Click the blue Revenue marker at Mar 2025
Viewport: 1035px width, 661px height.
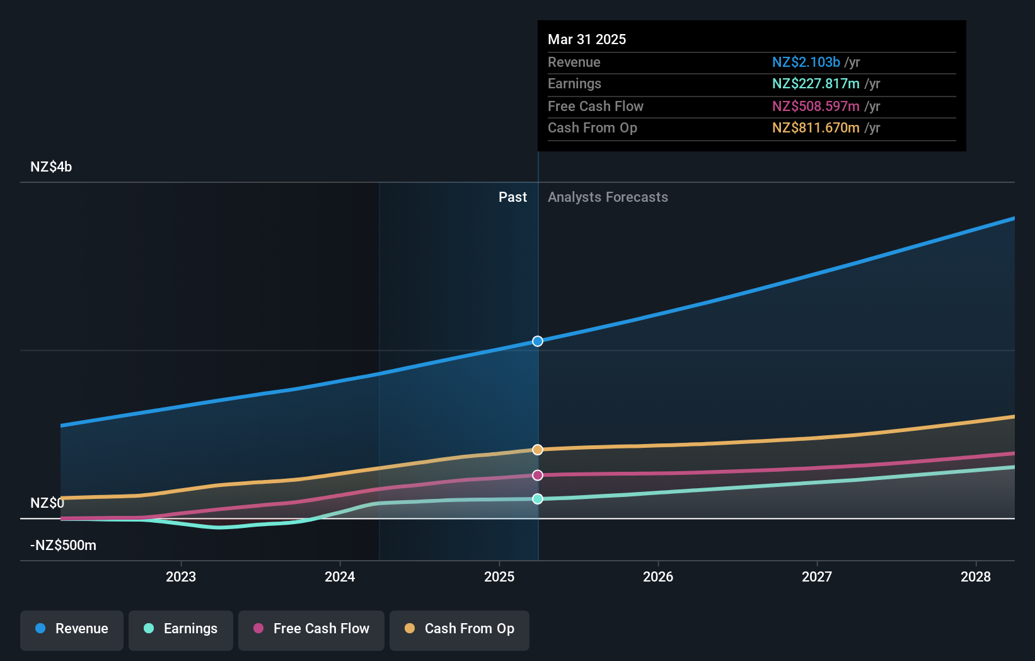(x=538, y=341)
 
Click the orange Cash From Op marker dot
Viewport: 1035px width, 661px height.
(x=538, y=450)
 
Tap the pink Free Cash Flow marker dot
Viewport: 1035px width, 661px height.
(x=538, y=476)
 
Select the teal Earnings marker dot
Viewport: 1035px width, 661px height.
(x=538, y=499)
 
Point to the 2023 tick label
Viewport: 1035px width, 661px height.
(x=181, y=577)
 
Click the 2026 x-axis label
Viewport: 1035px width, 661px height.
(x=658, y=577)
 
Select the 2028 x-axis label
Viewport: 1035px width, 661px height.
(x=975, y=577)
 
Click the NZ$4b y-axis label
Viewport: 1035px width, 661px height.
(x=51, y=167)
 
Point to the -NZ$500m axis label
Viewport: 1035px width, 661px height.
(x=63, y=546)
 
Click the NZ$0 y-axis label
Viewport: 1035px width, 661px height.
(x=47, y=503)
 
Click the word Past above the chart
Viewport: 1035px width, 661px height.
(x=512, y=197)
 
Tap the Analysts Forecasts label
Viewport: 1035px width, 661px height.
(x=608, y=197)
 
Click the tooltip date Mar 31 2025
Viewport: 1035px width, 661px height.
(x=587, y=40)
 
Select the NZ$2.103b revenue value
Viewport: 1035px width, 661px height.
(x=806, y=62)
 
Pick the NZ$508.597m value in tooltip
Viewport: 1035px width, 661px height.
(x=816, y=107)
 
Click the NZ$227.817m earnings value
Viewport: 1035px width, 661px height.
(x=816, y=84)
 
